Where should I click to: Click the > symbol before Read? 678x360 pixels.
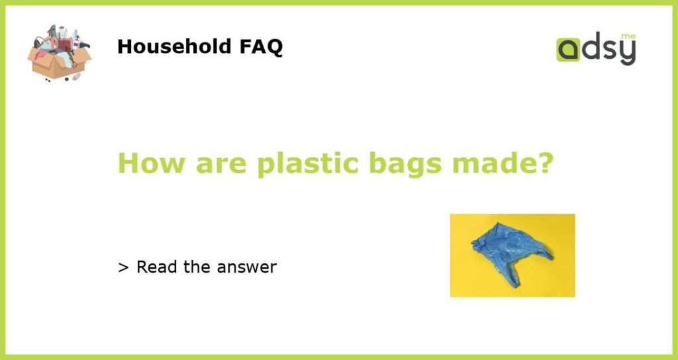coord(122,267)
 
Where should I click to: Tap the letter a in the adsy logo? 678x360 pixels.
coord(567,50)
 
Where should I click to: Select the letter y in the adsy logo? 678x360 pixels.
coord(627,53)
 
